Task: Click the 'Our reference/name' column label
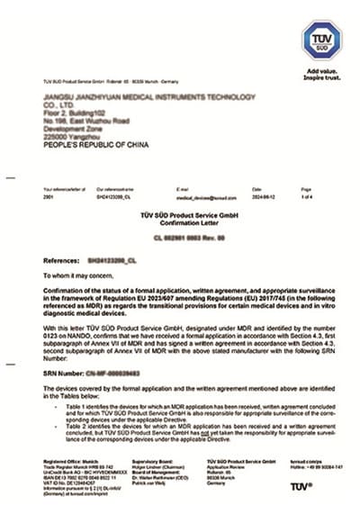[114, 190]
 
